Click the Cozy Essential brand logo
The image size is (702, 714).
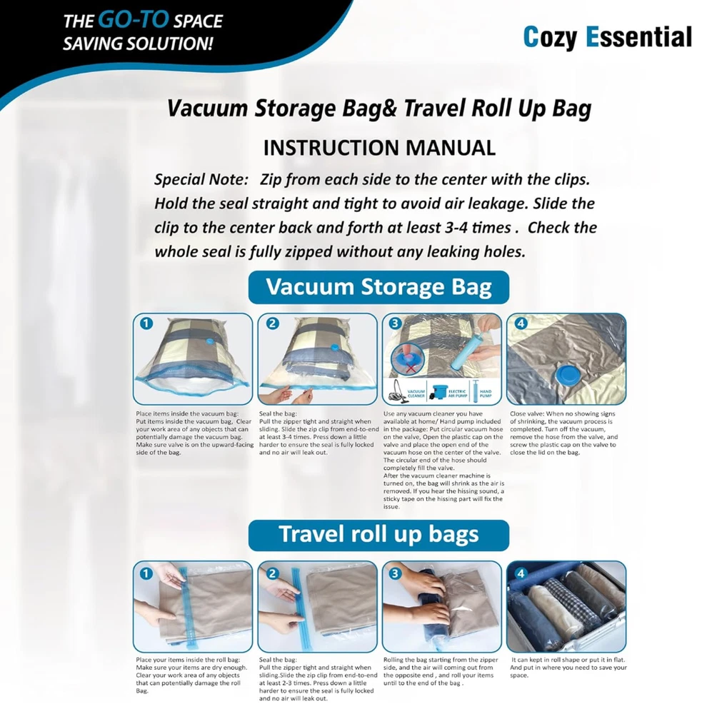coord(607,37)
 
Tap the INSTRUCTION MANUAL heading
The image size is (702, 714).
coord(379,148)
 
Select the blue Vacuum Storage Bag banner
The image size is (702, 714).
coord(378,287)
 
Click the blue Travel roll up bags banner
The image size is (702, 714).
coord(378,535)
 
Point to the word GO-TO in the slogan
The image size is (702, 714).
coord(134,19)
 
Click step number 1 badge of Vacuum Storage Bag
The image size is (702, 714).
coord(146,323)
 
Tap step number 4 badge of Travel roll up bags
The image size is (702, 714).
coord(521,573)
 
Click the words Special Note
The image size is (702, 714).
coord(201,179)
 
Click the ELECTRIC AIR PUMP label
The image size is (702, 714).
coord(457,393)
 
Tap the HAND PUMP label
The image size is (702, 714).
coord(486,393)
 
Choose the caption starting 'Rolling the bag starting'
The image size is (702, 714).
coord(441,671)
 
